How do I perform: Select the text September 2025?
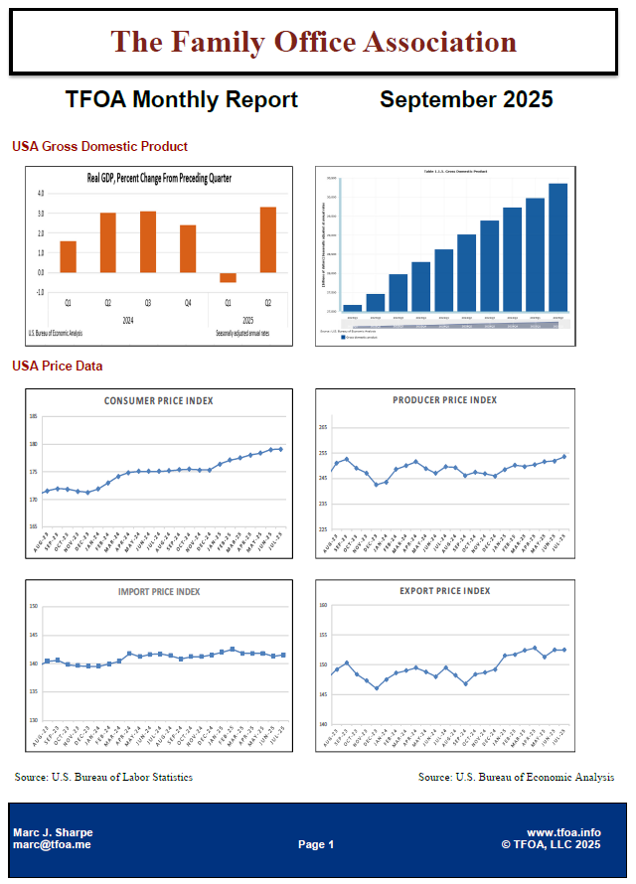tap(466, 99)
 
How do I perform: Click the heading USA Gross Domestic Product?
tap(99, 146)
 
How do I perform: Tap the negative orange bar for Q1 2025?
tap(228, 277)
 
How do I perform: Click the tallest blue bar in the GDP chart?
tap(557, 246)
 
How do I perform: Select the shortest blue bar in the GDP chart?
tap(352, 308)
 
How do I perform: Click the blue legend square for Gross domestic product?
tap(344, 337)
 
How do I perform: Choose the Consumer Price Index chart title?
tap(159, 401)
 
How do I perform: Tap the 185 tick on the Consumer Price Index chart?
tap(34, 416)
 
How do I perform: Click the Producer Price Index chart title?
tap(444, 400)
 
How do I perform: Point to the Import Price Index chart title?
tap(159, 592)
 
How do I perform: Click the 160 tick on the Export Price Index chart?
tap(323, 605)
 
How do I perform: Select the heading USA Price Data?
tap(57, 366)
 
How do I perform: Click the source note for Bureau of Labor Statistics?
tap(104, 777)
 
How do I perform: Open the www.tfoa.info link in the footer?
tap(563, 832)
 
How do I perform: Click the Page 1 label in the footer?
tap(316, 844)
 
